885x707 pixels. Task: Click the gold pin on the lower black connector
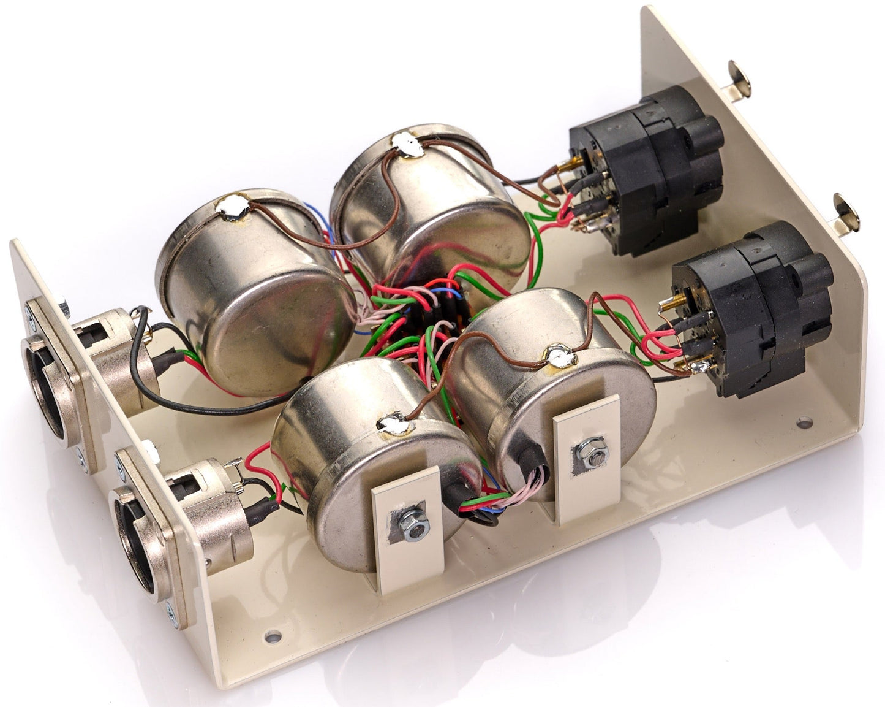(x=669, y=303)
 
